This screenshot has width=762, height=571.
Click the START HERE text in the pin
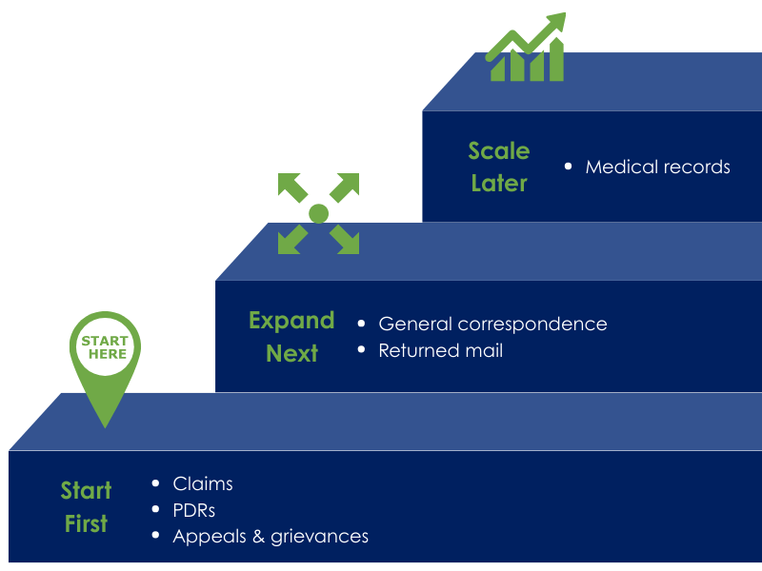point(105,347)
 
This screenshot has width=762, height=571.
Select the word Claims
point(203,484)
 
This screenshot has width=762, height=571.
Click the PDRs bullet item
point(194,510)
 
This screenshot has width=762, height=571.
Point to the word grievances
point(320,537)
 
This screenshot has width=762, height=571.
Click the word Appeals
point(201,537)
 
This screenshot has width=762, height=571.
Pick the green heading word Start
point(86,490)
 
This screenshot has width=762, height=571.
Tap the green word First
point(86,523)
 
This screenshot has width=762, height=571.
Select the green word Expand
point(291,320)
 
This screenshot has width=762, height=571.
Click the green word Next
point(291,353)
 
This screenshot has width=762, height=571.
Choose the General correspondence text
point(492,324)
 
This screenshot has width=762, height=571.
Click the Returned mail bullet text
point(440,350)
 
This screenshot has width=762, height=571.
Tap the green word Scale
point(499,150)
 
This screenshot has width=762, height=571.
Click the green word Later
point(499,183)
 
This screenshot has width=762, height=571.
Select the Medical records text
point(657,167)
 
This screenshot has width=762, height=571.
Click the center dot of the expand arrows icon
point(318,213)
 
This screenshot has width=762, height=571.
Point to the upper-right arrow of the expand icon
point(346,186)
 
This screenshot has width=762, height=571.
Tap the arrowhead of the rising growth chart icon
point(556,22)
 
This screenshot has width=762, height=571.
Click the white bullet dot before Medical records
point(569,167)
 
